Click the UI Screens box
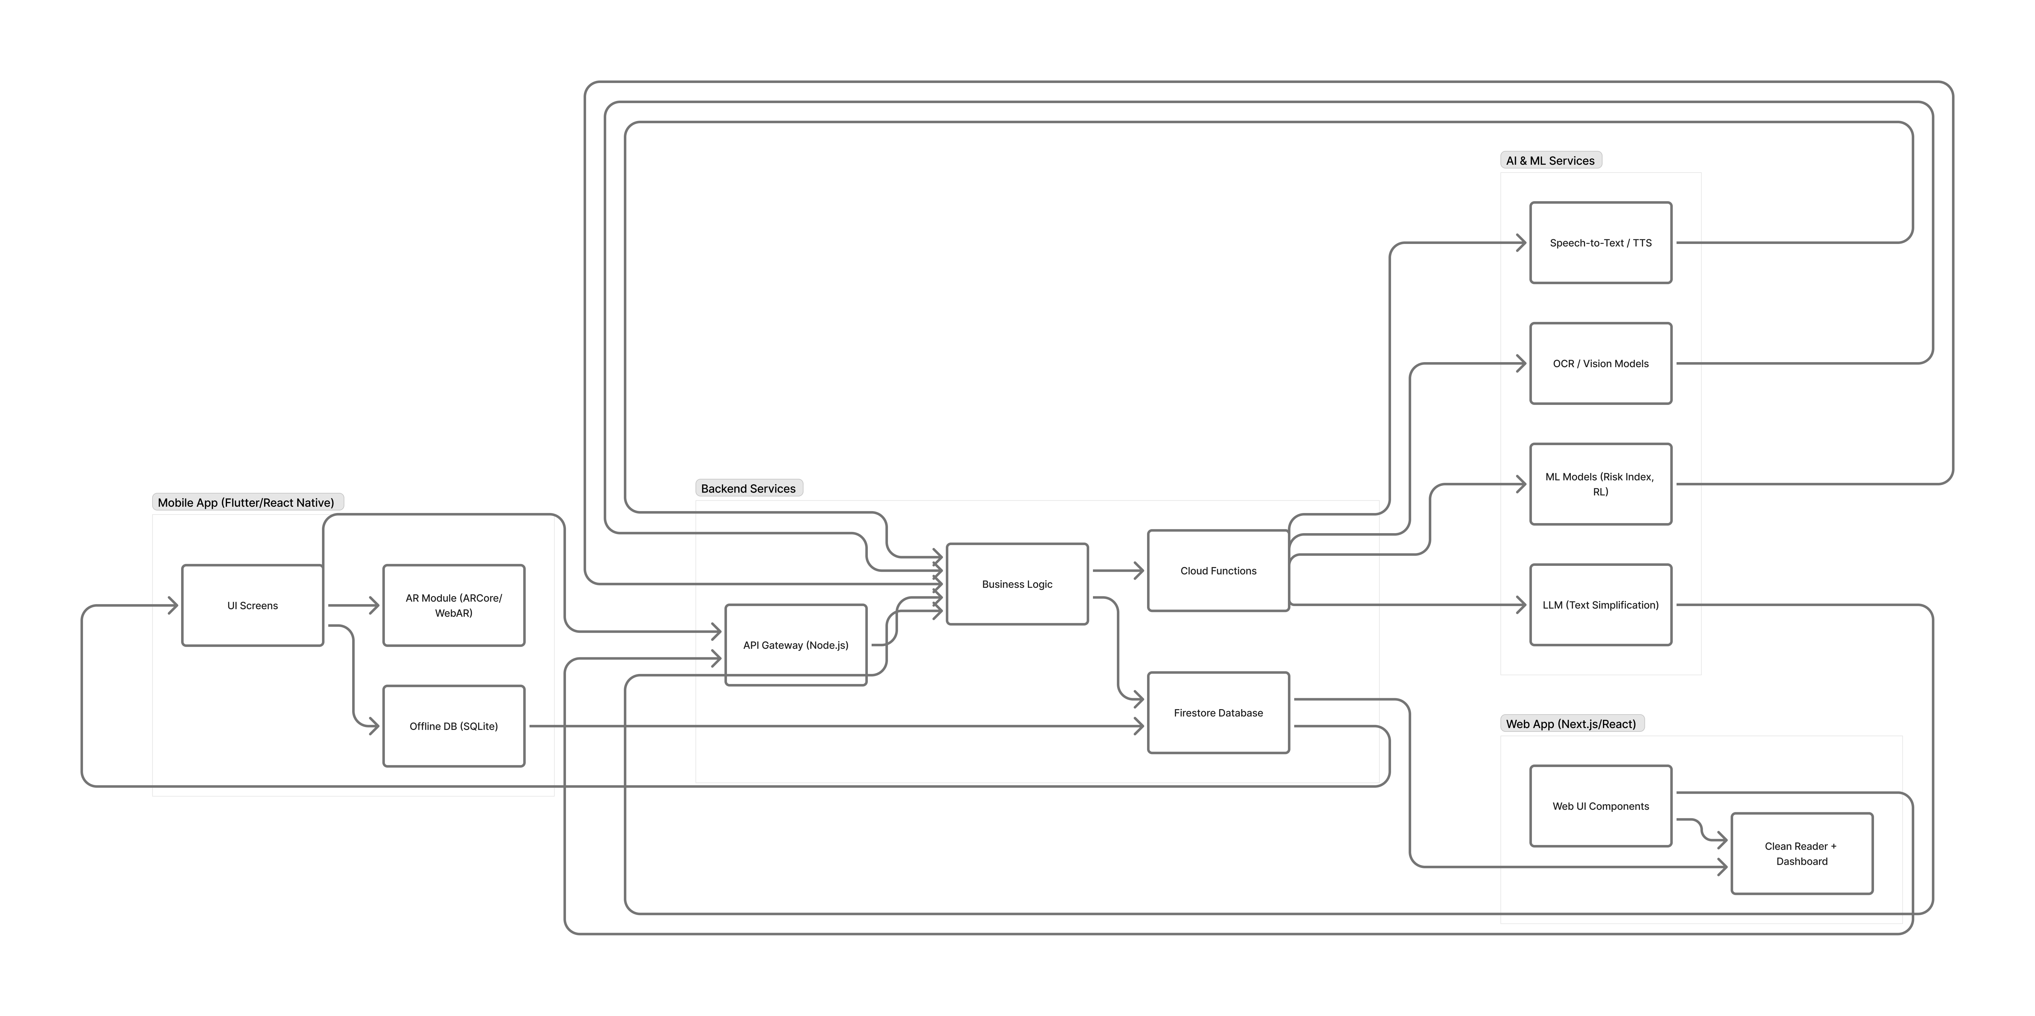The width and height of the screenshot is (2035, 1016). click(252, 605)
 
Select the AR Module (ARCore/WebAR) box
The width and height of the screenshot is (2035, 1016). click(453, 605)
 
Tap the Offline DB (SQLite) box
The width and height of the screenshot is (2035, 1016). click(453, 726)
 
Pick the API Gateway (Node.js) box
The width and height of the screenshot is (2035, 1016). click(796, 645)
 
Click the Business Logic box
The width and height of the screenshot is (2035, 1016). click(1017, 584)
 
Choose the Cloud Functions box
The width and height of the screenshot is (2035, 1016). click(1218, 571)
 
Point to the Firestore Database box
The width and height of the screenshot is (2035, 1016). click(1218, 713)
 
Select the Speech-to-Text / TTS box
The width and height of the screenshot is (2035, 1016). click(1600, 243)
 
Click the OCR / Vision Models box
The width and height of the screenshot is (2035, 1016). click(1600, 363)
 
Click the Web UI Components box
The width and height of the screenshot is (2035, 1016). click(1600, 806)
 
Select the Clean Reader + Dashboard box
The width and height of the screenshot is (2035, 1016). click(1801, 853)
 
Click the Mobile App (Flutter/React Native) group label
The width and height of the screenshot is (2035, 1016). click(246, 502)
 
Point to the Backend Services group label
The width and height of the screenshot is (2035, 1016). click(748, 488)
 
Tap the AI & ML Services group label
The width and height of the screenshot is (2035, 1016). click(1550, 160)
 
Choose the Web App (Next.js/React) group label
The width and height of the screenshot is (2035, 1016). click(1571, 724)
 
